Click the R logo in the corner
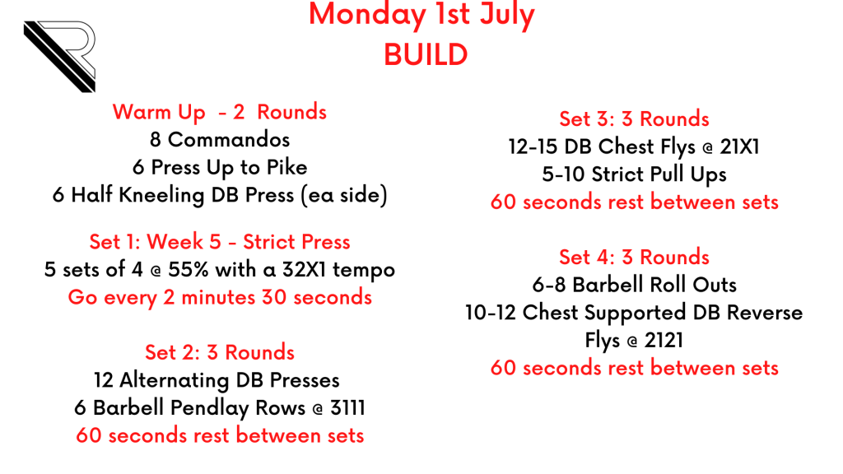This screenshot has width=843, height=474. pyautogui.click(x=60, y=56)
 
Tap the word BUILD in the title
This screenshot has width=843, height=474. pyautogui.click(x=426, y=55)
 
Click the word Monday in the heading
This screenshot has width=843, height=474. pyautogui.click(x=367, y=15)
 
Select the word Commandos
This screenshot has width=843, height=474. pyautogui.click(x=229, y=140)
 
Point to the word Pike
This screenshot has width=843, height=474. pyautogui.click(x=287, y=167)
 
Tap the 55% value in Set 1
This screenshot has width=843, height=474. pyautogui.click(x=189, y=269)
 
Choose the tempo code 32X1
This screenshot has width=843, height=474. pyautogui.click(x=304, y=269)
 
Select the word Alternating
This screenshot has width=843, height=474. pyautogui.click(x=175, y=380)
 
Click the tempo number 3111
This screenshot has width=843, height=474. pyautogui.click(x=347, y=408)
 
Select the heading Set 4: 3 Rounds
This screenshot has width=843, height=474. pyautogui.click(x=635, y=258)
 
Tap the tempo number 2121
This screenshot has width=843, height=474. pyautogui.click(x=664, y=340)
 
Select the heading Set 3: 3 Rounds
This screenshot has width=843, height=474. pyautogui.click(x=635, y=118)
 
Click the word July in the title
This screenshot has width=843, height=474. pyautogui.click(x=507, y=16)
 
